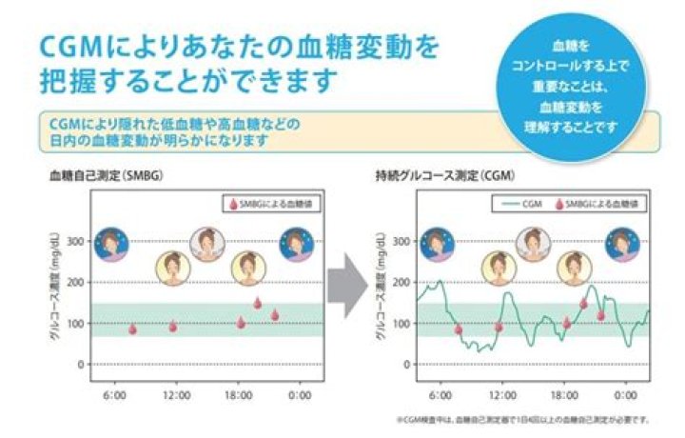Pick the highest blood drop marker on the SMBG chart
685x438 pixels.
(257, 303)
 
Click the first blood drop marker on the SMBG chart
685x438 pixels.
(132, 329)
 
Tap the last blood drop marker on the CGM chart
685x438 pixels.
(601, 314)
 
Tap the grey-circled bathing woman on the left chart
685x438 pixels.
(206, 244)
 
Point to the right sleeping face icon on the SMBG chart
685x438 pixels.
(297, 244)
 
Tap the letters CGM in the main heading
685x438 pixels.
(68, 46)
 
